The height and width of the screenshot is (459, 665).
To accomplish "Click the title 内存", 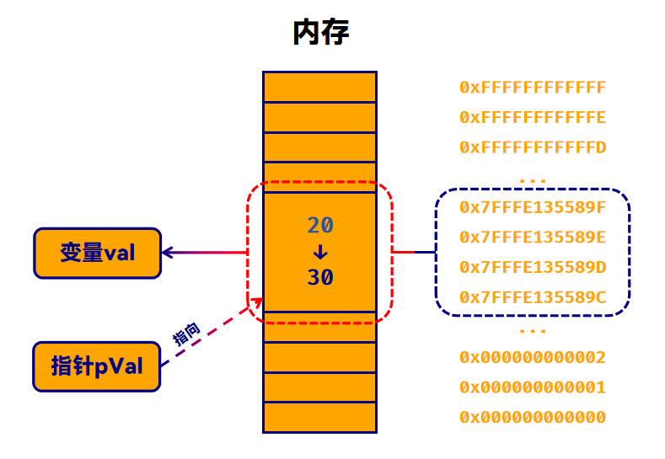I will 320,33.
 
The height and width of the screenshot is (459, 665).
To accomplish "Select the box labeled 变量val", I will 97,253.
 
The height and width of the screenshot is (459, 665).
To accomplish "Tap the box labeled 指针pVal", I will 97,366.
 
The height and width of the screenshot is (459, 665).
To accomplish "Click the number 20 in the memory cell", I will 319,225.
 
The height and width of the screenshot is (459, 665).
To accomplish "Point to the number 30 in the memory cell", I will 319,277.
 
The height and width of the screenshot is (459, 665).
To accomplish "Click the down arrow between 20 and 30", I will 319,251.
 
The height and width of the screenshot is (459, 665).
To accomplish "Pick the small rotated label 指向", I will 186,334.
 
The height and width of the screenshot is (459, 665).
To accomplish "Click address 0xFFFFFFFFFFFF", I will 533,88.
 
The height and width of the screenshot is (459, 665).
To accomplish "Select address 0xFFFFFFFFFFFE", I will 533,117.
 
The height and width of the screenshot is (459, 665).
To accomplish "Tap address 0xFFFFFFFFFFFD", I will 533,147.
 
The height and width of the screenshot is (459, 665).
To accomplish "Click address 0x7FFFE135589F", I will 533,206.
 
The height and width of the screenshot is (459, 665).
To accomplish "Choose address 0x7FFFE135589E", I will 533,237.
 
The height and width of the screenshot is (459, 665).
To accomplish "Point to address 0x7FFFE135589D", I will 533,267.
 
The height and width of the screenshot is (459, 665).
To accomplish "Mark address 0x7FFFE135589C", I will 533,297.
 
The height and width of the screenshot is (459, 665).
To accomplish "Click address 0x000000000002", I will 533,358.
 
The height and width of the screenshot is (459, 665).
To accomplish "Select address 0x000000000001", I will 533,387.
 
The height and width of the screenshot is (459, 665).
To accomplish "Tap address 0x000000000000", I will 533,418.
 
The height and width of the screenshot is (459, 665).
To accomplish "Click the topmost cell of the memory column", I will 319,87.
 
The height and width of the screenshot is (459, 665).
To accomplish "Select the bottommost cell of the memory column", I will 319,417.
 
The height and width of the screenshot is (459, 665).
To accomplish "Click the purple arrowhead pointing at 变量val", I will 167,252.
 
